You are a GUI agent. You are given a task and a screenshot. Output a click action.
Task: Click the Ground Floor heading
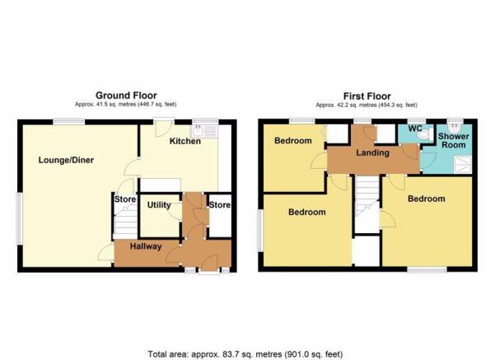[x=126, y=96]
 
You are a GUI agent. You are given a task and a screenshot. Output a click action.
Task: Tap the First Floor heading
[x=367, y=96]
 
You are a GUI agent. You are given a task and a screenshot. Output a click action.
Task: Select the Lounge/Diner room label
[x=66, y=160]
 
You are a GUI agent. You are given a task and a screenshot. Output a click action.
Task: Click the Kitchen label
[x=185, y=141]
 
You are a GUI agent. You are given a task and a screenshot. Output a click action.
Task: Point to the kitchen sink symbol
[x=204, y=131]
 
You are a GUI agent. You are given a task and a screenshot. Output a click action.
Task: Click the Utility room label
[x=159, y=205]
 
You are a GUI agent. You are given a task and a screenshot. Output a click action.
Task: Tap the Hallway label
[x=146, y=246]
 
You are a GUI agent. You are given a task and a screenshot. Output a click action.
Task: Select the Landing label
[x=372, y=153]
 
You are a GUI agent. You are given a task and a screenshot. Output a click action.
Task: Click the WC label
[x=415, y=129]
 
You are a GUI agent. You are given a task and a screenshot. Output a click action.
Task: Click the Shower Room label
[x=453, y=141]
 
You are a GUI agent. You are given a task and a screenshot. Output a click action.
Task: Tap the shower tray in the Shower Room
[x=463, y=165]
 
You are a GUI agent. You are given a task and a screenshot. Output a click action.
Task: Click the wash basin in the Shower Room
[x=455, y=127]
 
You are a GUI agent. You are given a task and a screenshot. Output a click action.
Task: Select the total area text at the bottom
[x=245, y=354]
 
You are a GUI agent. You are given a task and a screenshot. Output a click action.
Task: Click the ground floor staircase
[x=125, y=221]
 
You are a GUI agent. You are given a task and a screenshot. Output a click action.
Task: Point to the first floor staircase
[x=367, y=196]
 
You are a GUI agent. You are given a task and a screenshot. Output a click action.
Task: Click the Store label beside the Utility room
[x=125, y=199]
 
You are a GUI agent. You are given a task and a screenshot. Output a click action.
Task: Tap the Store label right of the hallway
[x=220, y=205]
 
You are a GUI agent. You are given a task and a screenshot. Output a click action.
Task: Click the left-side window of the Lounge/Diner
[x=20, y=218]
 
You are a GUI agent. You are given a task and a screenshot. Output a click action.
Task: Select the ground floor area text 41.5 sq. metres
[x=105, y=104]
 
